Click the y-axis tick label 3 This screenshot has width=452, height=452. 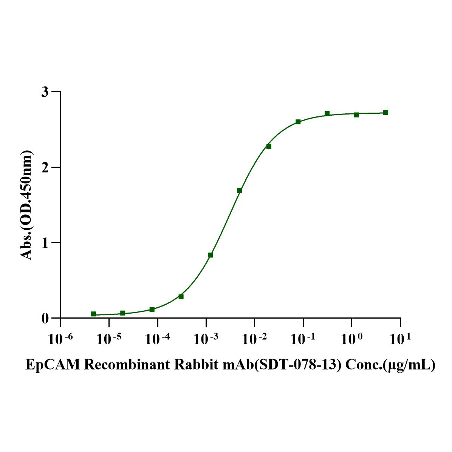(45, 92)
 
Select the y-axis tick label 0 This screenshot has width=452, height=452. (45, 318)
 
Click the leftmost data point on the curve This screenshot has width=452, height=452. (93, 314)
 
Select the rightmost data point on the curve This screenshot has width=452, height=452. (385, 112)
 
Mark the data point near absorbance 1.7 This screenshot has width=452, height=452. (239, 190)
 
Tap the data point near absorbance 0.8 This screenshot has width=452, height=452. (210, 255)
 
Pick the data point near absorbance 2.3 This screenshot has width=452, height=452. (269, 146)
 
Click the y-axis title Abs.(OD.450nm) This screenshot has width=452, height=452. (26, 205)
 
